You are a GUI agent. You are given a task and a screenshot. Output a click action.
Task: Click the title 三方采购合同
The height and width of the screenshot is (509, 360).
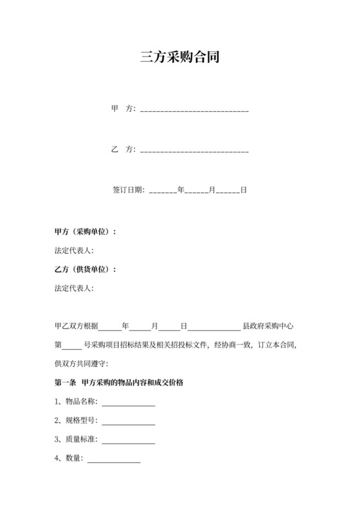coord(180,57)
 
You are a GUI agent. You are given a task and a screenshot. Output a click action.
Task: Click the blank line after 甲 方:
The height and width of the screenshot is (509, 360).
coord(194,110)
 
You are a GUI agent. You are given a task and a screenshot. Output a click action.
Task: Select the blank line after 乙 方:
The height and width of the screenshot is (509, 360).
coord(194,150)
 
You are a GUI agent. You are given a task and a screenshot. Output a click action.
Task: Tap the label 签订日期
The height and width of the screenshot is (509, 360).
coord(128,190)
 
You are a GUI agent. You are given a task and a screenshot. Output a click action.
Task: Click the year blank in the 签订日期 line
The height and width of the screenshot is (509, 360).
coord(163,192)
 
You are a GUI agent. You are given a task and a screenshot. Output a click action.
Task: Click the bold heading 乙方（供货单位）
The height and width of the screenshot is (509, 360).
coord(85,269)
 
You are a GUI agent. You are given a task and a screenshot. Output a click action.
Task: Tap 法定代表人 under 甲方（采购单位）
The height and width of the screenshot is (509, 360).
coord(75,251)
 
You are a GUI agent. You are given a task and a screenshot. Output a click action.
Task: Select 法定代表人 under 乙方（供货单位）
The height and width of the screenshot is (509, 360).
coord(75,288)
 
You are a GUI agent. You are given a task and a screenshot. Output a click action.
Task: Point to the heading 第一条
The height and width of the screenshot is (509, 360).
coord(66,383)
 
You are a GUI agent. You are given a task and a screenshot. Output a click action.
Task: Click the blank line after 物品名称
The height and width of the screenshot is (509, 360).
coord(128,404)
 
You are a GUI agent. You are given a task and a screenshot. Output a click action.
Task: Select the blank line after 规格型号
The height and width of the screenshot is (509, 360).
coord(128,422)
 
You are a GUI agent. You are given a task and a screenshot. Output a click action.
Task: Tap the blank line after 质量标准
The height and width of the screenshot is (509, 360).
coord(128,441)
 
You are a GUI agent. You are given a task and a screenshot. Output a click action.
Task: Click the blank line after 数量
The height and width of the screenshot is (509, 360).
coord(113,460)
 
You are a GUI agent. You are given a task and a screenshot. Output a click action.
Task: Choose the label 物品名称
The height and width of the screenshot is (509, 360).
coord(80,402)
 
